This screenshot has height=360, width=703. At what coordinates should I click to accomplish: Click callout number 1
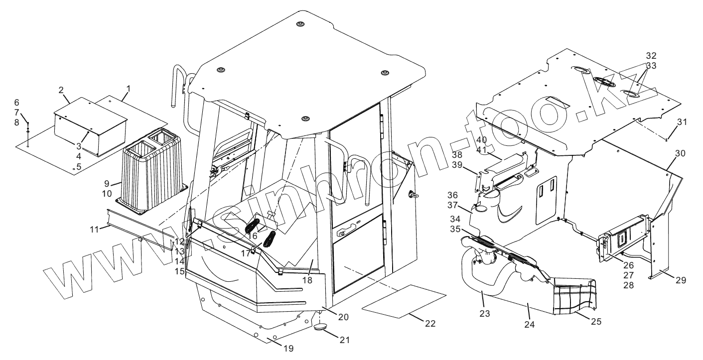[x=128, y=88]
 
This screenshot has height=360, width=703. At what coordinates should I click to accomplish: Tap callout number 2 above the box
[x=61, y=90]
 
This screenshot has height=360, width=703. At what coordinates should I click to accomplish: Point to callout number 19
[x=288, y=349]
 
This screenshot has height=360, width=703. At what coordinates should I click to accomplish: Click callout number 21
[x=344, y=340]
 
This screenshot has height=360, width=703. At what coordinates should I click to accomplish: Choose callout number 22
[x=430, y=324]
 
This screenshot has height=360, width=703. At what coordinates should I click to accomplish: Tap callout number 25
[x=596, y=321]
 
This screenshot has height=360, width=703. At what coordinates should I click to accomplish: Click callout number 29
[x=681, y=280]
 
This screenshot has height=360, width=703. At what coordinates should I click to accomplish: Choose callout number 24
[x=530, y=324]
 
